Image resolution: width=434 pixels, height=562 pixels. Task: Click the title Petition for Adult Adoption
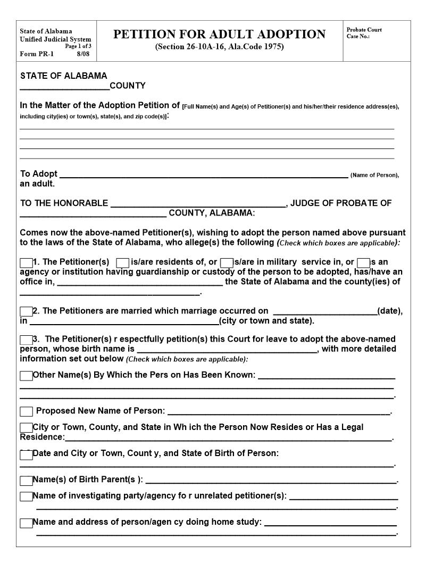click(x=219, y=35)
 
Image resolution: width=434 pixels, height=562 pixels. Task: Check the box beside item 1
click(x=26, y=262)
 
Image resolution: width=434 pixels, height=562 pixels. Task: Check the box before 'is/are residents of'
click(x=122, y=262)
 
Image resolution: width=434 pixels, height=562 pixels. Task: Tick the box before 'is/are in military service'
click(x=227, y=262)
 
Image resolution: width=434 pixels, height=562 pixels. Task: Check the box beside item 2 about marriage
click(x=26, y=311)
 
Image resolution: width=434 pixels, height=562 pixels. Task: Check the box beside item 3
click(x=26, y=340)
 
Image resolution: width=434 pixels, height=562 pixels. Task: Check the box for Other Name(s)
click(x=26, y=376)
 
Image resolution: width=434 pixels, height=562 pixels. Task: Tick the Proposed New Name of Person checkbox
click(x=26, y=411)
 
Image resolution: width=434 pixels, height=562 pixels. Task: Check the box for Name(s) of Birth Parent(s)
click(x=26, y=481)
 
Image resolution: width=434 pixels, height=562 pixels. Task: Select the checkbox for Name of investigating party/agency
click(x=26, y=497)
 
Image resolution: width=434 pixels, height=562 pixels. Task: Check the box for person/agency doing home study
click(x=26, y=523)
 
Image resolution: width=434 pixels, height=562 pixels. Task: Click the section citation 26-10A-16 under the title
click(x=219, y=47)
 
